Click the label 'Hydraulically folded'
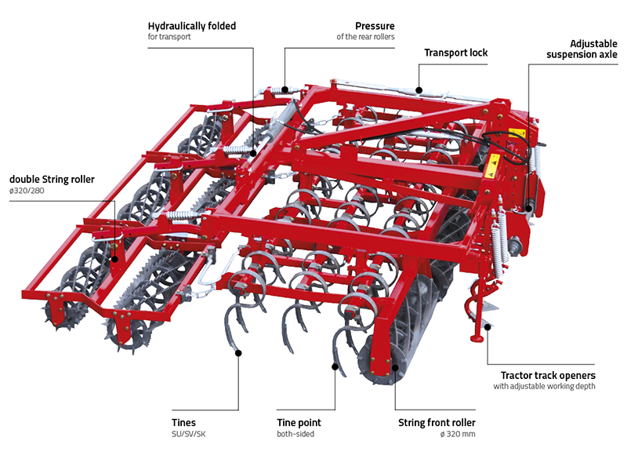192,26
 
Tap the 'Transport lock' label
456,53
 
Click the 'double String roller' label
52,179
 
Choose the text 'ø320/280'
29,191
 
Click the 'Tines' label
183,423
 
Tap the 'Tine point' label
299,423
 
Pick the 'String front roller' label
436,423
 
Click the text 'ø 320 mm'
458,435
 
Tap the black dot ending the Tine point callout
335,366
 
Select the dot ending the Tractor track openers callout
487,326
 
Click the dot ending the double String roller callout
115,259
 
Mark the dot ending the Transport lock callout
419,89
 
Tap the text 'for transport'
169,37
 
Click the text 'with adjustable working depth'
545,387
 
